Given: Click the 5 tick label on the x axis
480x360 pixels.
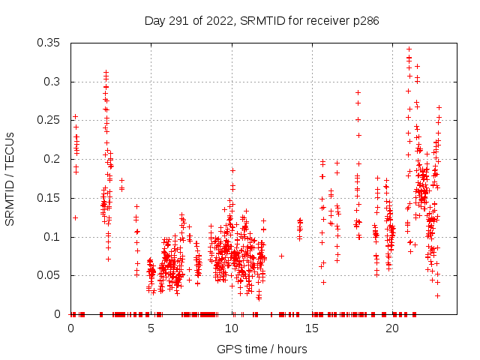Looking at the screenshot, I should (x=151, y=328).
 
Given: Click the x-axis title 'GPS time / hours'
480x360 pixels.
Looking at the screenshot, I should (x=262, y=349).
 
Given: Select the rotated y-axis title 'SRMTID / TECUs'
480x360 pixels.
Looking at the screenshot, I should (x=10, y=178).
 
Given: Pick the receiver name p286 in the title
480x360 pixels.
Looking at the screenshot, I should (x=365, y=21).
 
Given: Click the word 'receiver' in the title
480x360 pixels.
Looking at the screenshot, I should (x=324, y=21).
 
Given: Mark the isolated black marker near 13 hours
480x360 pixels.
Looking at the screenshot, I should (x=281, y=256).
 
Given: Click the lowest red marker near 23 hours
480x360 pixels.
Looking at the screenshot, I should (x=437, y=295).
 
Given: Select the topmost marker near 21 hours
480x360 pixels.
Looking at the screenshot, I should (x=409, y=49).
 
